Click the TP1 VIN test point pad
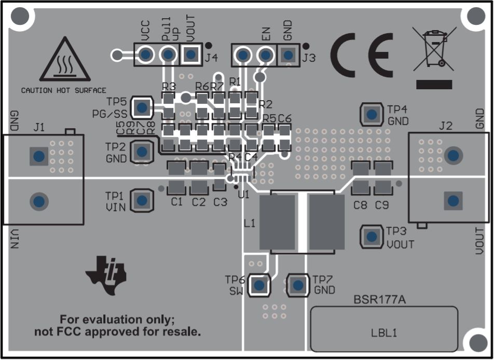[x=142, y=200]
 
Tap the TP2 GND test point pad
[x=142, y=151]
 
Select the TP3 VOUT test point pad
[x=371, y=237]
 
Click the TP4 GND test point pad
[x=371, y=114]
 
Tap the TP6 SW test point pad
[x=259, y=284]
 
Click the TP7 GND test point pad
[x=297, y=284]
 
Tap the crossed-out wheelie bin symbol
[x=434, y=50]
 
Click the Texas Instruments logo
[x=107, y=273]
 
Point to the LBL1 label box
[x=384, y=329]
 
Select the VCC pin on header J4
[x=146, y=54]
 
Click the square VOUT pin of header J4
[x=191, y=54]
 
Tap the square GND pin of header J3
[x=288, y=54]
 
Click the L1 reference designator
[x=249, y=224]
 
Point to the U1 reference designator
[x=243, y=195]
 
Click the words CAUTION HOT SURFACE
[x=63, y=90]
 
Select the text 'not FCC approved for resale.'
[x=117, y=332]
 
